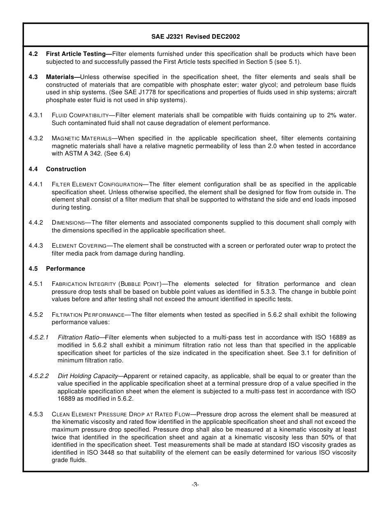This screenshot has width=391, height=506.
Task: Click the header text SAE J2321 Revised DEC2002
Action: coord(195,37)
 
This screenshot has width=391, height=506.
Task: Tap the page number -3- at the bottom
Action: coord(195,485)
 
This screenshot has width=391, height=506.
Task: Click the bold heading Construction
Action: coord(66,169)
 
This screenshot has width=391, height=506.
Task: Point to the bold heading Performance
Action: coord(65,269)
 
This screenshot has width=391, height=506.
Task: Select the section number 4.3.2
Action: coord(36,138)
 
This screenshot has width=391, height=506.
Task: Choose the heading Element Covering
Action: coord(79,246)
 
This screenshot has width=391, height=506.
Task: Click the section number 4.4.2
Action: coord(36,223)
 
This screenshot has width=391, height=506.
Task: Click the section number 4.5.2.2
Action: coord(39,376)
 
